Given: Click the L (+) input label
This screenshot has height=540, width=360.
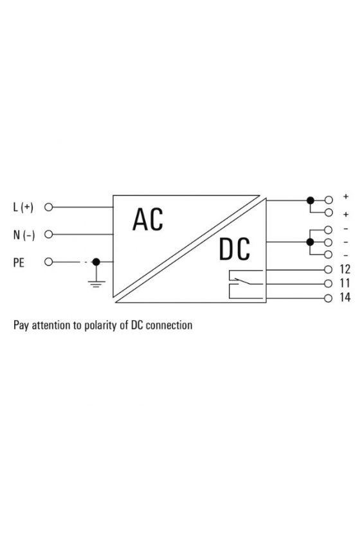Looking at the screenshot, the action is (x=23, y=207).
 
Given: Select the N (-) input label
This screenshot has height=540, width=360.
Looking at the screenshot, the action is (x=24, y=235).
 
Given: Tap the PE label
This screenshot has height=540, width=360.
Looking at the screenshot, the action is (x=19, y=262).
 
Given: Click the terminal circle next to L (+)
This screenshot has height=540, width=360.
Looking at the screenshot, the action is (x=49, y=207).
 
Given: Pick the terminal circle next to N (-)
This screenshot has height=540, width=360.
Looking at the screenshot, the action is (x=49, y=234).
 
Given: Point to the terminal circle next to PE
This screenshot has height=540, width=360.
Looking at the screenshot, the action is (x=49, y=262).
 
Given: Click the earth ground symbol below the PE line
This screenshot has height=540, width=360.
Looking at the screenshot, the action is (x=96, y=283).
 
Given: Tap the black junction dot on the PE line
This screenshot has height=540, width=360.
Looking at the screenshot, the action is (x=96, y=262).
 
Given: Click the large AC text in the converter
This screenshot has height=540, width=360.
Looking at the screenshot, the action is (x=148, y=219).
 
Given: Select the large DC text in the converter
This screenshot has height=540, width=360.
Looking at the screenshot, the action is (x=235, y=249).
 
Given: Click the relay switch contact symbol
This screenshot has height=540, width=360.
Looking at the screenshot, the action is (x=246, y=284).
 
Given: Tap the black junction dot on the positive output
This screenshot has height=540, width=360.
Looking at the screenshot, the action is (x=310, y=200).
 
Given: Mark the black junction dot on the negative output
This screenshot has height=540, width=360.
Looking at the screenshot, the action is (x=310, y=242).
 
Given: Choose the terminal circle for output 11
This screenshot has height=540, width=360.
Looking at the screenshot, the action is (x=328, y=283).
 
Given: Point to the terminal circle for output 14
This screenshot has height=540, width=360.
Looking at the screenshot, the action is (x=328, y=298).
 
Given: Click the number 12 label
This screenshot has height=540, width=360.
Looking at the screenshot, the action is (x=345, y=269).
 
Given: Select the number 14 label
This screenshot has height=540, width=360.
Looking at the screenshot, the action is (x=345, y=297).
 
